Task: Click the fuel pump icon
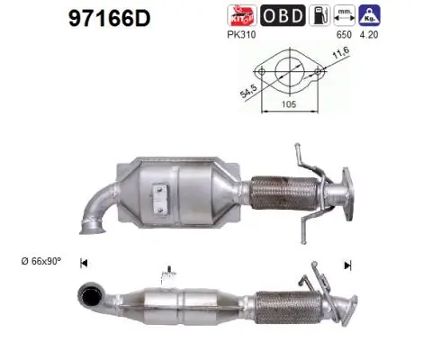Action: tap(319, 15)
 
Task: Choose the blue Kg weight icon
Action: tap(369, 15)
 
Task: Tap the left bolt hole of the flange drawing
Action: tap(262, 69)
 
